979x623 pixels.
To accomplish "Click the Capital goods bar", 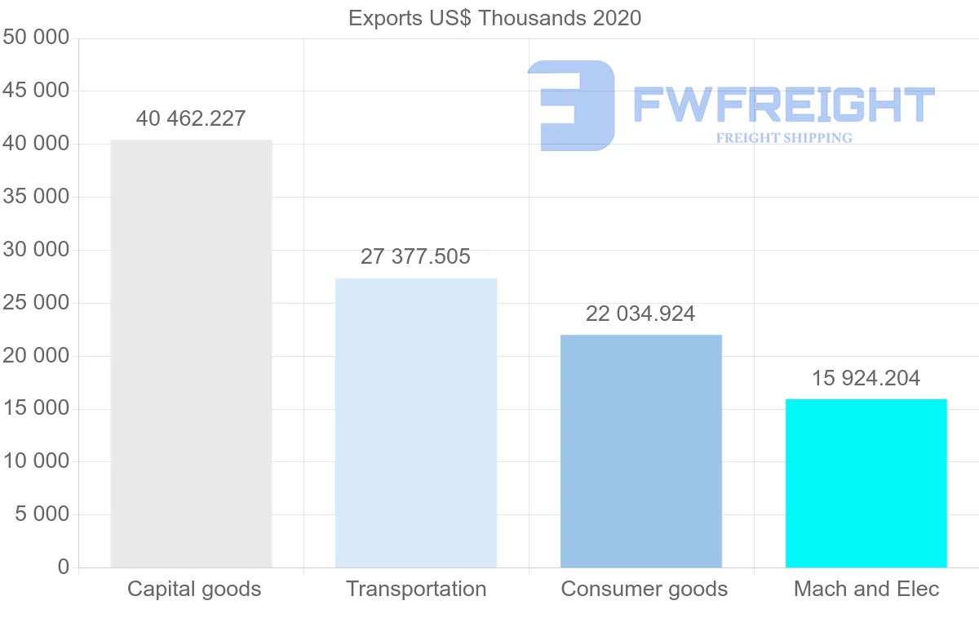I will [191, 354].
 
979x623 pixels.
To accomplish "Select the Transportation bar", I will [416, 423].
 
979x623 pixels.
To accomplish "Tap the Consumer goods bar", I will [641, 451].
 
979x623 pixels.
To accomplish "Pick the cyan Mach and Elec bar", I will [866, 483].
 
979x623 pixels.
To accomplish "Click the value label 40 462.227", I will [191, 119].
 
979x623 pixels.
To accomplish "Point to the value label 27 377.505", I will [416, 257].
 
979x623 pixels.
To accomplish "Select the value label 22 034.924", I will [640, 314].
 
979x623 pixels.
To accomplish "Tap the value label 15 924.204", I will [866, 379].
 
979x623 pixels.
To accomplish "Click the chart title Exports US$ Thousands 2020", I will [494, 18].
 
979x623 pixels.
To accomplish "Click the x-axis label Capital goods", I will [194, 589].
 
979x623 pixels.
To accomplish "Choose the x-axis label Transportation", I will [416, 589].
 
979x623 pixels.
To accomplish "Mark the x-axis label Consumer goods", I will [645, 589].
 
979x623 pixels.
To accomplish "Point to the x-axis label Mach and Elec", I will [866, 589].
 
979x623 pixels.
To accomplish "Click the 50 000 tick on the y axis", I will [36, 38].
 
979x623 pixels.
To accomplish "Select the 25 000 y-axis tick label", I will [36, 303].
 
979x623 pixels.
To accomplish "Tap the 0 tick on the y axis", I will [64, 567].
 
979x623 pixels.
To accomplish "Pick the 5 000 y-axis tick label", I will [42, 514].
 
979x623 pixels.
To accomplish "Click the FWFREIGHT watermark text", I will [783, 105].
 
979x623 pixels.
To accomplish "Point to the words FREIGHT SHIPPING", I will [784, 138].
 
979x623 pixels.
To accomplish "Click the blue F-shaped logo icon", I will [571, 105].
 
